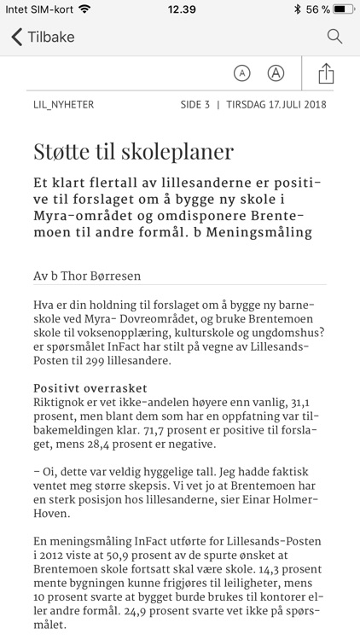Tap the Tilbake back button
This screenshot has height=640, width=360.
coord(43,37)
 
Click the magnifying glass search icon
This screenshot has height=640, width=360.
coord(334,36)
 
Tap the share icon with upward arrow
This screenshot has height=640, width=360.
coord(326,73)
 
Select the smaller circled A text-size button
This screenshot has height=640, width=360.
coord(242,73)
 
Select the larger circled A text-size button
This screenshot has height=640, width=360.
coord(276,73)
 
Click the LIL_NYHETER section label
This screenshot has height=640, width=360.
coord(63,105)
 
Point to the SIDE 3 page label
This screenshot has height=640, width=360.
coord(195,105)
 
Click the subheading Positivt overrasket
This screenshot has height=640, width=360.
coord(90,387)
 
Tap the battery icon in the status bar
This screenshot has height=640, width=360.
coord(344,9)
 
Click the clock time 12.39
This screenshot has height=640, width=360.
coord(181,9)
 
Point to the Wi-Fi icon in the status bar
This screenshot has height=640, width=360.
coord(84,9)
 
